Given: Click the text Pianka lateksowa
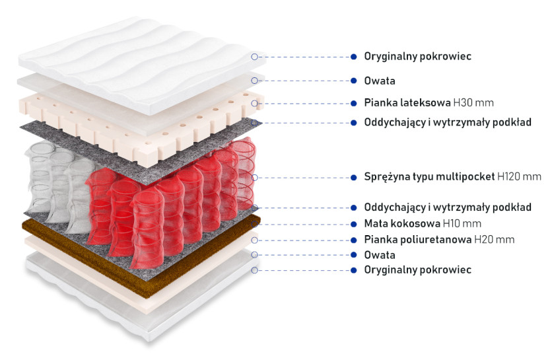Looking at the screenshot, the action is click(x=407, y=103).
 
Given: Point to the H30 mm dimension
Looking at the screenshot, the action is click(x=473, y=103).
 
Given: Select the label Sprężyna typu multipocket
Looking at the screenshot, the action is click(x=429, y=176).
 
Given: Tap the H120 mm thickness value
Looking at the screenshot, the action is click(x=519, y=176).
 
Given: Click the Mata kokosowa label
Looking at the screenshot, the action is click(x=402, y=223).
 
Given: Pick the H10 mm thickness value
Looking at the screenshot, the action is click(x=462, y=223).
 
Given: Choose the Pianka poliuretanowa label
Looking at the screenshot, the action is click(x=418, y=239).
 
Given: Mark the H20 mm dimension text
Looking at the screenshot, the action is click(x=494, y=239).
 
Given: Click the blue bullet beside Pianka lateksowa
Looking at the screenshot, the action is click(x=354, y=104).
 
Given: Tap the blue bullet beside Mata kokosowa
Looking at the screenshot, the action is click(x=354, y=224).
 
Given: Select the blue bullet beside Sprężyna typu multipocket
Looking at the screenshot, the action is click(x=354, y=178).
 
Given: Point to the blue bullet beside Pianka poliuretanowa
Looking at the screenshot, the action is click(x=354, y=240).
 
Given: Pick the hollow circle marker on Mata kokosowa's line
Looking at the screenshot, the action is click(x=255, y=224).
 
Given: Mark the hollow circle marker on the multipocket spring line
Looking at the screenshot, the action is click(x=255, y=178).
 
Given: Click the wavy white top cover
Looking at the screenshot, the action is click(x=140, y=63).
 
